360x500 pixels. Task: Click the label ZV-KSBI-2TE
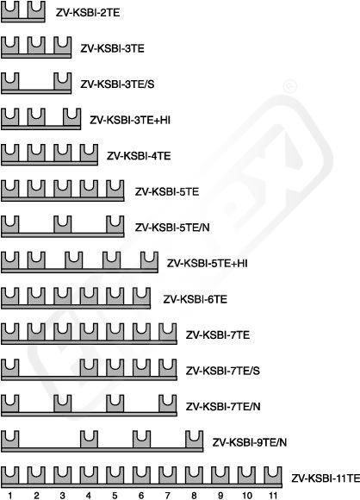(88, 12)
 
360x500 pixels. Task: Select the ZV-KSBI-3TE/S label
(117, 84)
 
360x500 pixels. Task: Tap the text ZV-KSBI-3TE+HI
(130, 120)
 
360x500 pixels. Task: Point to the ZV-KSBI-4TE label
(139, 156)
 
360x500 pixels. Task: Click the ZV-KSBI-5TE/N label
(172, 228)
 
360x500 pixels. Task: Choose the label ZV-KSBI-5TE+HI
(207, 264)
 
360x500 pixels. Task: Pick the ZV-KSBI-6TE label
(195, 299)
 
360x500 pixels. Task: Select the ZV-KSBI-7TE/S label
(223, 371)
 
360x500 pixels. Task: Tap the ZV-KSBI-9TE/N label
(250, 442)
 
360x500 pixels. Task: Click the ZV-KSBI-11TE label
(326, 478)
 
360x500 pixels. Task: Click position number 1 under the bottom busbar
(10, 495)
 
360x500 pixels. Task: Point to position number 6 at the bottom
(141, 495)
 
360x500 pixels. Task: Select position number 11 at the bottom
(273, 495)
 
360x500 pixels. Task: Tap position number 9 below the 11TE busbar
(220, 495)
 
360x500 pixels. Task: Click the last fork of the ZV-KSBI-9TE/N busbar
(194, 440)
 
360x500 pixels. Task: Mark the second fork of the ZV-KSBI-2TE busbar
(36, 9)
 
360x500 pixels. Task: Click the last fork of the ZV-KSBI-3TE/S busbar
(63, 81)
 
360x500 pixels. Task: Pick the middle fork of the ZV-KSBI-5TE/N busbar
(63, 224)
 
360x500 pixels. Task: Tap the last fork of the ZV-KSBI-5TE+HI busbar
(149, 260)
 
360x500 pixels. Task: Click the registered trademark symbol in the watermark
(289, 87)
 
